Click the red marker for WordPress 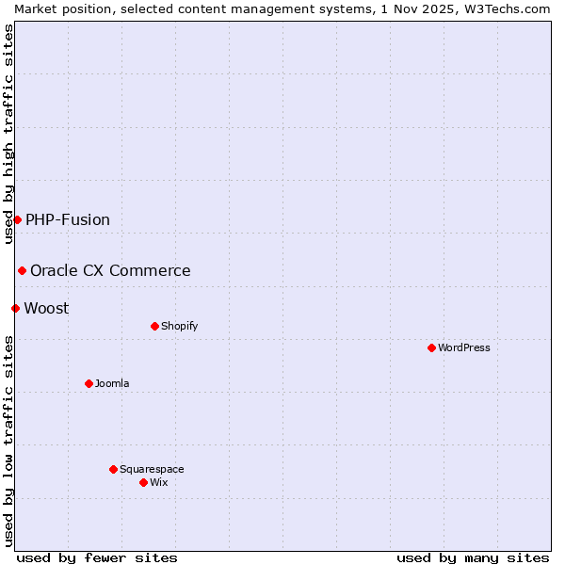(431, 347)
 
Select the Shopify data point (154, 326)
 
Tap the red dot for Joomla (89, 383)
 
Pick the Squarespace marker (113, 469)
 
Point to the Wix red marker (143, 482)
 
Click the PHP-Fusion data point (17, 219)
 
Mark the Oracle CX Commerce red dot (22, 270)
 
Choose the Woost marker (15, 308)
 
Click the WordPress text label (463, 347)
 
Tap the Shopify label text (179, 326)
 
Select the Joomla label (112, 383)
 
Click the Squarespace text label (152, 469)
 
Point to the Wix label (158, 482)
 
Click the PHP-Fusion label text (68, 219)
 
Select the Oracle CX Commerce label (110, 270)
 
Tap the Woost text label (46, 308)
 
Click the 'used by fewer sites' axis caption (97, 557)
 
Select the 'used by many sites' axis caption (473, 557)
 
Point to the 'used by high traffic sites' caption (8, 134)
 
